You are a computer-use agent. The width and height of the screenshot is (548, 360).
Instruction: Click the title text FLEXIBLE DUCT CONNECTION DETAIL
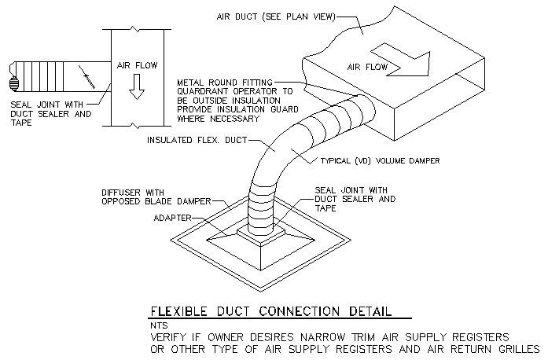tap(270, 310)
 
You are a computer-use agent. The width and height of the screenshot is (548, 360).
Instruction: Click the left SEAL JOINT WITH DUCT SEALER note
tap(51, 112)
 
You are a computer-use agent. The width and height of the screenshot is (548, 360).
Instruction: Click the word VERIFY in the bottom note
tap(168, 336)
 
